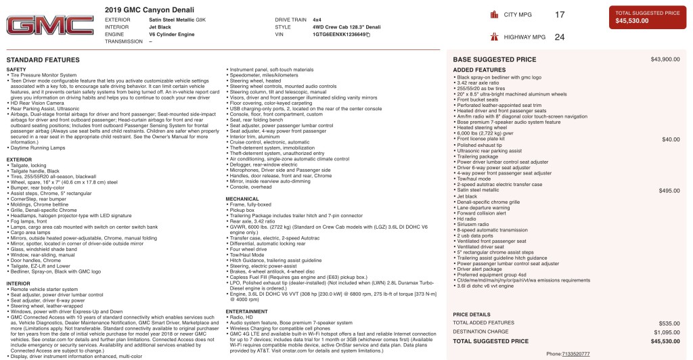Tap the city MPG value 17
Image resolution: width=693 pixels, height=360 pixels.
(560, 14)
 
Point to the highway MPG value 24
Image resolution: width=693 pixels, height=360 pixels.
(560, 37)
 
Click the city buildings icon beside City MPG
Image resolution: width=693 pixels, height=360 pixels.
(494, 14)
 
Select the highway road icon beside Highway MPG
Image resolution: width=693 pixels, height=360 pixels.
(494, 37)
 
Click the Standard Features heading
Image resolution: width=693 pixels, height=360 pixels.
(43, 60)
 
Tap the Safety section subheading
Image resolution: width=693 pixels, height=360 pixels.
(16, 69)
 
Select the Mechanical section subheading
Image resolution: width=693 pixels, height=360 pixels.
(242, 199)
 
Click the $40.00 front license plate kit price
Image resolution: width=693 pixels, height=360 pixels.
(671, 139)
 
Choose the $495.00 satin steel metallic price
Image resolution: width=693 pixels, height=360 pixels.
(669, 191)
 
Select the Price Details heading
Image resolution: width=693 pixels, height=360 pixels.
(471, 315)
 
